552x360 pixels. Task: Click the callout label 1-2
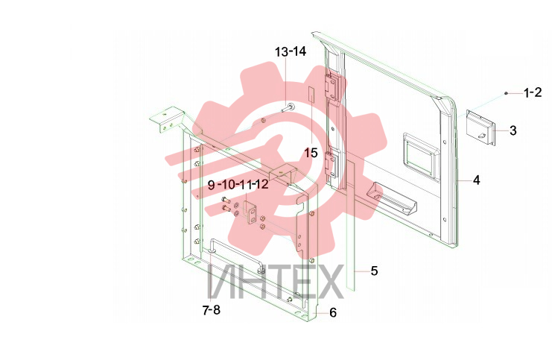coord(533,92)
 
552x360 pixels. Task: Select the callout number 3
coord(513,130)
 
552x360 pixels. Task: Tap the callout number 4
coord(476,180)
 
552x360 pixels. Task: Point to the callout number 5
coord(374,271)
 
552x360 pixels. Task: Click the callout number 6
coord(333,312)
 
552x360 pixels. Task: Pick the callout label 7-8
coord(212,310)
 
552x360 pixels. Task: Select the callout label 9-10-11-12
coord(238,185)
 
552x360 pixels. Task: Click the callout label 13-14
coord(291,51)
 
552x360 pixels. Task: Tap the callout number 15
coord(311,154)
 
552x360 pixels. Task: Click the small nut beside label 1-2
coord(506,93)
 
